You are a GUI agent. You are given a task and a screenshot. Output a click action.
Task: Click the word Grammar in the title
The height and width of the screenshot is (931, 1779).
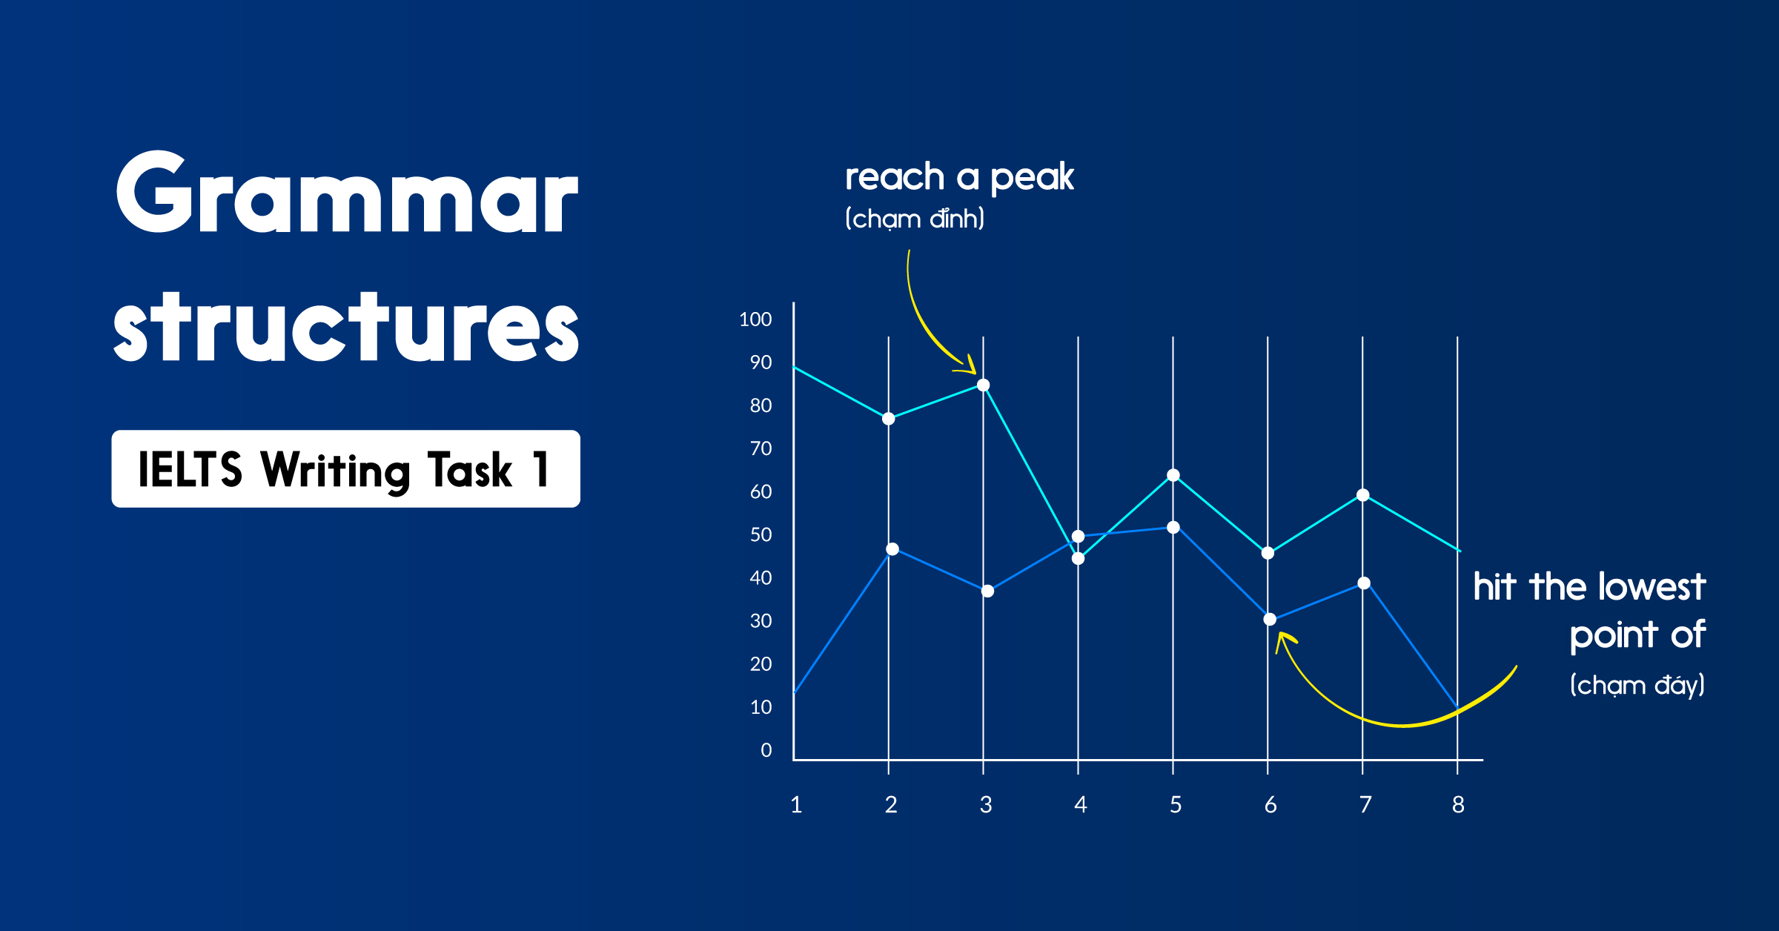point(346,194)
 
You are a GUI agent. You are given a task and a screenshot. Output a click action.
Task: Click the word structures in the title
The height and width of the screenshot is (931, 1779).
point(346,328)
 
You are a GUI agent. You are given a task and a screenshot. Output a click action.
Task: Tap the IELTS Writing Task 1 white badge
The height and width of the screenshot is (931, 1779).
point(345,469)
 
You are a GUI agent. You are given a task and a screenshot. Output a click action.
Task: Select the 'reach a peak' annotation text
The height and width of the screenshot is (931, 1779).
point(959,177)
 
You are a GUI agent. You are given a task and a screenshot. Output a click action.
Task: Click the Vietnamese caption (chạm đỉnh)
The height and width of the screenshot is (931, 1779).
point(915,219)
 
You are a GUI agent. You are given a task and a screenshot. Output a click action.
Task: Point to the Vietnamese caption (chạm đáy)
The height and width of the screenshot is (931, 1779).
point(1637,685)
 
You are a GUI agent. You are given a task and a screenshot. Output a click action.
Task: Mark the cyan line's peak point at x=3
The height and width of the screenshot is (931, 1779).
point(983,385)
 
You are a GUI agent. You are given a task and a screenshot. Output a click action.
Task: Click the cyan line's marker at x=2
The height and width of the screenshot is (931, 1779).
point(888,419)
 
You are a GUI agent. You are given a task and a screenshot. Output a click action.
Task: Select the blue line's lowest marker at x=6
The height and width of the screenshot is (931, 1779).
point(1270,620)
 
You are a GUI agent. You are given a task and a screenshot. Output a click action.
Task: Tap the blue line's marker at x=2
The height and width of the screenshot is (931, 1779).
point(892,549)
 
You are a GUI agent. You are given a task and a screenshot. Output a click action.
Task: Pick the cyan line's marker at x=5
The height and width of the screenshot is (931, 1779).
point(1173,475)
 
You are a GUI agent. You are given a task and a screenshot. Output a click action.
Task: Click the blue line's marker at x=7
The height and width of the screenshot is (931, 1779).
point(1364,583)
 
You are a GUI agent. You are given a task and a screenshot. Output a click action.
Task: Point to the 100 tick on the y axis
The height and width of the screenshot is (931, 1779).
point(755,319)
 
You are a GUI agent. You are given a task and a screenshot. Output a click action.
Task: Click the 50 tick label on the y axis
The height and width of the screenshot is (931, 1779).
point(761,535)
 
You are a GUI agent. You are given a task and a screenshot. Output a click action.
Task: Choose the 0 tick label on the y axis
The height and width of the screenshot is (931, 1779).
point(766,751)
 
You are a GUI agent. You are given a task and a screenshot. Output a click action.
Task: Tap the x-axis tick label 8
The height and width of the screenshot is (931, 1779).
point(1458,805)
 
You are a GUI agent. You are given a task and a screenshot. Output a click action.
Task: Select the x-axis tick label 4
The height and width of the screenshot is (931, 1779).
point(1080,805)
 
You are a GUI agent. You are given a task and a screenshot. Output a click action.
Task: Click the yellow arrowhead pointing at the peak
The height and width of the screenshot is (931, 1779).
point(967,365)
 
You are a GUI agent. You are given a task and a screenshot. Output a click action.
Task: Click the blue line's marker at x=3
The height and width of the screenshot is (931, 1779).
point(987,592)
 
